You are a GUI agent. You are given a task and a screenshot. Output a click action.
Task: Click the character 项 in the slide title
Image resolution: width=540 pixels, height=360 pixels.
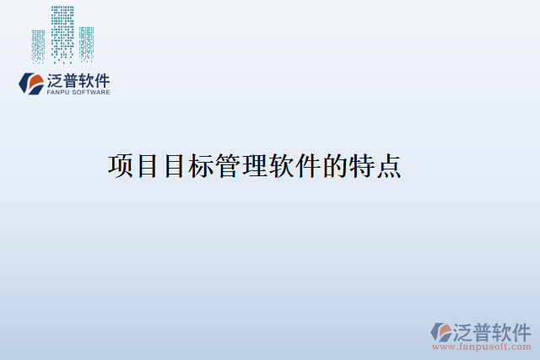click(x=121, y=166)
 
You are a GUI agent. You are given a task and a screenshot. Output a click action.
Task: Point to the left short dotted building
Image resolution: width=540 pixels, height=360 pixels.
click(x=38, y=46)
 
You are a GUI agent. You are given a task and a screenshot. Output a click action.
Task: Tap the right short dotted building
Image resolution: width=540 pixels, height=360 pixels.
click(x=86, y=44)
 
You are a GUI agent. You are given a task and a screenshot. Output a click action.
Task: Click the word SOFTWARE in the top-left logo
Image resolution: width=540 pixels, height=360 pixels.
click(x=92, y=92)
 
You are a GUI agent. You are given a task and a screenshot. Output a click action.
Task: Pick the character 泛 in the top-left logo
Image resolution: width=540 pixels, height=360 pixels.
click(x=56, y=80)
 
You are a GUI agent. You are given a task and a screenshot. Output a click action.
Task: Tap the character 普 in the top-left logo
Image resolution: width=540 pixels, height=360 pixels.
click(x=73, y=80)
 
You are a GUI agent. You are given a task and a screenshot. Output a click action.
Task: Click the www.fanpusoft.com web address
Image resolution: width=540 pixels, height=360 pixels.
click(x=482, y=347)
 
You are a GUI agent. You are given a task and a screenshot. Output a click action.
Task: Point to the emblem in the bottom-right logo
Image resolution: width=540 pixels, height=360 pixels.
click(x=441, y=331)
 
